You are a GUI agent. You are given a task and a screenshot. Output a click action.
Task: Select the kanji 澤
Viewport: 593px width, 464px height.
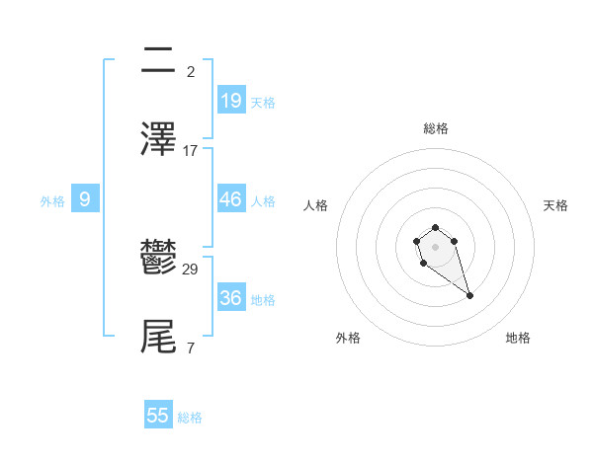[158, 139]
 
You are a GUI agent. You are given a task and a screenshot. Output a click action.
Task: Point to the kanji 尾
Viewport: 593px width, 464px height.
[158, 336]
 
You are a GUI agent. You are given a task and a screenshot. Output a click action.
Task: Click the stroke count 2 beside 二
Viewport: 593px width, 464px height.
[191, 71]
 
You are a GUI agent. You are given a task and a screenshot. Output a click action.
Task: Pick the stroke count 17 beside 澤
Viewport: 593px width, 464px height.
[191, 151]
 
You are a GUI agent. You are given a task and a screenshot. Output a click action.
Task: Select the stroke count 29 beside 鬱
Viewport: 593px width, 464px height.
[191, 269]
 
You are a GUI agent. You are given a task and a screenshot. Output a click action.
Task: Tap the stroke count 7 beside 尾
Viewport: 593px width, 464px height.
[191, 348]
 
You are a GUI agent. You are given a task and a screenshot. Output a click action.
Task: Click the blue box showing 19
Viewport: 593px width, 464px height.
[231, 100]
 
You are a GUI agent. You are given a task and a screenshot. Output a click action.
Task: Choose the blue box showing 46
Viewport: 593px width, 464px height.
[231, 199]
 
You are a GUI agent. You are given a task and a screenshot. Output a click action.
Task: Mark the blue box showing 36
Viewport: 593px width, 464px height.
[231, 297]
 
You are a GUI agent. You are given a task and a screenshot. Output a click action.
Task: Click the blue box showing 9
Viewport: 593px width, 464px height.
[85, 199]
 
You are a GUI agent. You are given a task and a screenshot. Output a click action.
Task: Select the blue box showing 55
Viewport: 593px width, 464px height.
[158, 416]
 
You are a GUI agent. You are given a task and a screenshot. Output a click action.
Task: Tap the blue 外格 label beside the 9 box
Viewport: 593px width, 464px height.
[52, 200]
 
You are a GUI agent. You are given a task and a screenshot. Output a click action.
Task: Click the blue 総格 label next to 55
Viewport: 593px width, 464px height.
[190, 418]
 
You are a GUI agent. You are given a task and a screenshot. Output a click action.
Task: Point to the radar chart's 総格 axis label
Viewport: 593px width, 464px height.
[436, 128]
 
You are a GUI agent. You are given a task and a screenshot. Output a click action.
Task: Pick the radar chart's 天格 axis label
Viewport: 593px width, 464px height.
[556, 205]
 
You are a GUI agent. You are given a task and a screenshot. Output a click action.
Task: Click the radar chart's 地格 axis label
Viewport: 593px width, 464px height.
[518, 338]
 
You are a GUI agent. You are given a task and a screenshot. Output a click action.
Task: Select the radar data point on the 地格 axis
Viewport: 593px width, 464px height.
[469, 295]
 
